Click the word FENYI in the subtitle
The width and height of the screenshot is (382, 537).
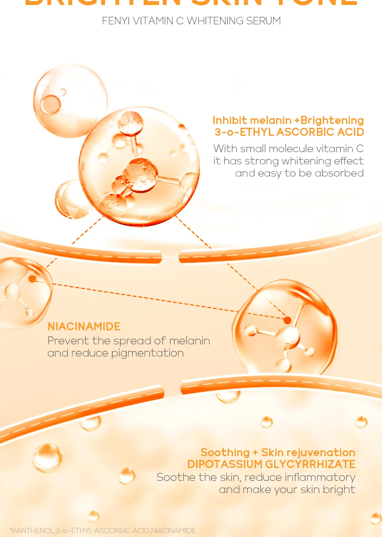(116, 21)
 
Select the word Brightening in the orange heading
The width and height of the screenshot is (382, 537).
(332, 121)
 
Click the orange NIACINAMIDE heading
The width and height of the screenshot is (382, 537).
(84, 326)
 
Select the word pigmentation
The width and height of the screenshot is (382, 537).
(147, 354)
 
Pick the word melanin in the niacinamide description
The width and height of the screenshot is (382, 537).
(189, 341)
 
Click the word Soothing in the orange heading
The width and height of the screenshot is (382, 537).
(225, 453)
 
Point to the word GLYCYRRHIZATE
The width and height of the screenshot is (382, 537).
(310, 464)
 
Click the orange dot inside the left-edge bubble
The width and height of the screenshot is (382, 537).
(32, 279)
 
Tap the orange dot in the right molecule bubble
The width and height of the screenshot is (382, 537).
(287, 320)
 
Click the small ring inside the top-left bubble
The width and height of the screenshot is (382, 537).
(51, 104)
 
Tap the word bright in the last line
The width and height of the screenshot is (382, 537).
(339, 489)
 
